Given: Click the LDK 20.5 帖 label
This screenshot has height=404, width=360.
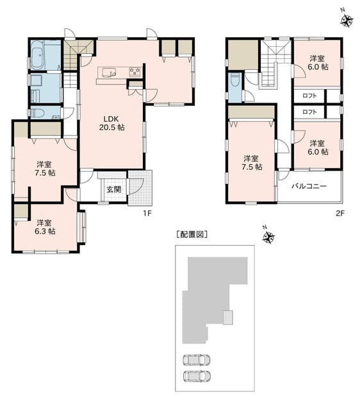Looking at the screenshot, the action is [x=112, y=123].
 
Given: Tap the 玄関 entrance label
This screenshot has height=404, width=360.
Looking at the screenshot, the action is [x=114, y=190].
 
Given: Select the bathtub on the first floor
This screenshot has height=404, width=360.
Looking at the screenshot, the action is [x=38, y=55].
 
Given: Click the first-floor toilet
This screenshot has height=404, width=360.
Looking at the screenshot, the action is [x=37, y=113].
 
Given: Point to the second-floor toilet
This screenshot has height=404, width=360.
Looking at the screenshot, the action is [x=234, y=80].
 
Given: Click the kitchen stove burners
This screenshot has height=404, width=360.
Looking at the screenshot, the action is [x=135, y=71].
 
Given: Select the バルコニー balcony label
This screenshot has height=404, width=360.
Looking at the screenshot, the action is [x=309, y=186].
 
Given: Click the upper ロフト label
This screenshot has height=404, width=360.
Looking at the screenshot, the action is [x=309, y=96].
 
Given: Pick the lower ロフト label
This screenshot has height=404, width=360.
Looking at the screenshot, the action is [x=309, y=112].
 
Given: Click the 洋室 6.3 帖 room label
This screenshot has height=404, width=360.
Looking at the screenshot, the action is [x=45, y=227].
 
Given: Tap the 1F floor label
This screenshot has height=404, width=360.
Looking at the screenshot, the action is [x=148, y=213].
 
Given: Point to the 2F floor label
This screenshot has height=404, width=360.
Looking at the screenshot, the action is [x=340, y=213].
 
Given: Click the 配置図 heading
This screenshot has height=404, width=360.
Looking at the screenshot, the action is [x=192, y=235].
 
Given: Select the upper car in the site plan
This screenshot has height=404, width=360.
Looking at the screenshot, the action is [x=197, y=360].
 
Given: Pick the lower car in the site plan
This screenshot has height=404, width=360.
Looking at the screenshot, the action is [x=197, y=376].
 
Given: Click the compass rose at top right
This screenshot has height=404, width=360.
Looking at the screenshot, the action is [x=347, y=20].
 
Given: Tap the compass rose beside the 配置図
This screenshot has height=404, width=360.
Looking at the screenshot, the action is [x=268, y=237].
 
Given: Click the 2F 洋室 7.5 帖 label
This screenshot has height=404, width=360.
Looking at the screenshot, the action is [x=252, y=163].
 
